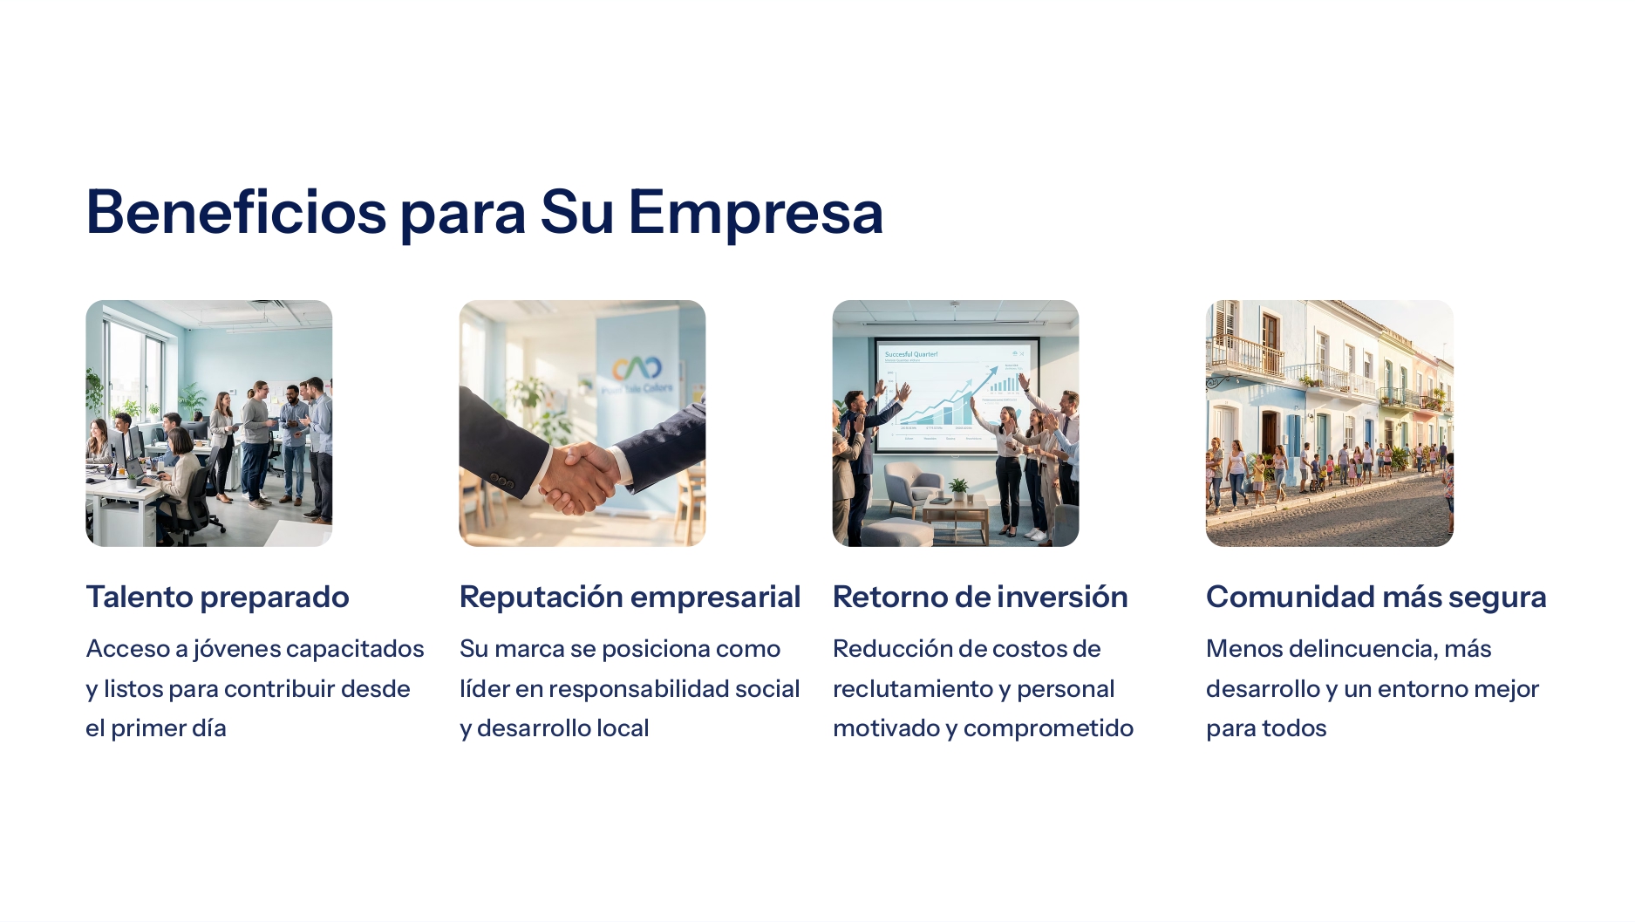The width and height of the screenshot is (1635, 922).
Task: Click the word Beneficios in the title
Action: point(235,212)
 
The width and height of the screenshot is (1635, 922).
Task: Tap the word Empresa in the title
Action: point(755,212)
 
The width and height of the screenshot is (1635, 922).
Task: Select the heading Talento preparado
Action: point(217,597)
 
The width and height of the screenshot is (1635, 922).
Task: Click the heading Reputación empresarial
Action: point(630,597)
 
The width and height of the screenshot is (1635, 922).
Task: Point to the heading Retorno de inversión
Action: point(980,597)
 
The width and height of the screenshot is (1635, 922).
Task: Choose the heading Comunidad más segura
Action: point(1376,597)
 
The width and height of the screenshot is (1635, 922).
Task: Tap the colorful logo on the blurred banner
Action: point(637,368)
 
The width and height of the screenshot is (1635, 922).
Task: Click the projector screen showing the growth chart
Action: point(956,394)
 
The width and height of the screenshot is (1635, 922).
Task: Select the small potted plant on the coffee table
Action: point(959,488)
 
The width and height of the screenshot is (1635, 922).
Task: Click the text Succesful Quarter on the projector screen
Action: point(911,354)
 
